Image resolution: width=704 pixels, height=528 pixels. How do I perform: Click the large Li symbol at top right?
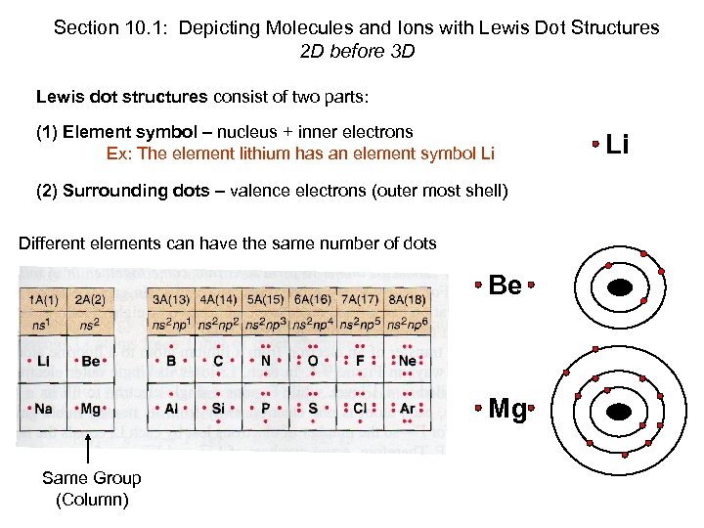[616, 145]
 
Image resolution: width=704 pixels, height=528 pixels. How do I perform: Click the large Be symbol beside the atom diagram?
[505, 285]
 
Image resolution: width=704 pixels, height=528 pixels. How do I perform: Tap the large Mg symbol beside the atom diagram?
[506, 408]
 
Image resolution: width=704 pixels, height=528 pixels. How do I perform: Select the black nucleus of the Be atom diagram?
[619, 286]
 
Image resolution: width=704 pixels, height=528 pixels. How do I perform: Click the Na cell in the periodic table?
[43, 410]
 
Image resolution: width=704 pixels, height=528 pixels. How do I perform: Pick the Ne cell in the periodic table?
[407, 361]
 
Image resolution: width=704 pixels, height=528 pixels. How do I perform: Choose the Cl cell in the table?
[360, 410]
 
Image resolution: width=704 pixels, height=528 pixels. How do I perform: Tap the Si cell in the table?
[218, 410]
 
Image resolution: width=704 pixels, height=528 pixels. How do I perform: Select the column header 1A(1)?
[43, 299]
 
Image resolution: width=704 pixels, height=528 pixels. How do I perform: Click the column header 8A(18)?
[407, 299]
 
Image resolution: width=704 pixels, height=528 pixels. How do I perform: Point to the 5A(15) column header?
[265, 299]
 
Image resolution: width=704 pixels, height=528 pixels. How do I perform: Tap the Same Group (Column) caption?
[91, 489]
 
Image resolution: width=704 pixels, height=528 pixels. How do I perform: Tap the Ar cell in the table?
[407, 410]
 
